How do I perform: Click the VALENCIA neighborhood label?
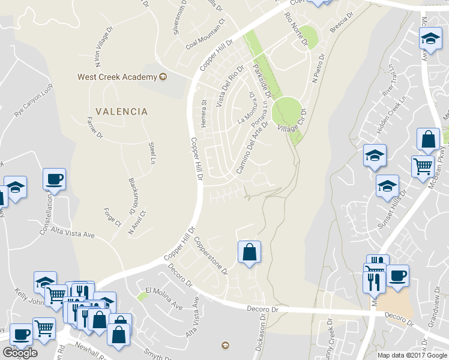(x=121, y=112)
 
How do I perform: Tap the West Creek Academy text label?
(x=117, y=77)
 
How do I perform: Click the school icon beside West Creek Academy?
(x=163, y=77)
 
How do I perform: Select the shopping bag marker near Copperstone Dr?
(x=249, y=252)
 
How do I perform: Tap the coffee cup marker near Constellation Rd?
(x=54, y=178)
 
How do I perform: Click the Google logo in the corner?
(x=20, y=352)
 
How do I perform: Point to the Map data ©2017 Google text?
(x=412, y=355)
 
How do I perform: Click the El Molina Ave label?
(x=160, y=296)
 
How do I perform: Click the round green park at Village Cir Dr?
(x=286, y=112)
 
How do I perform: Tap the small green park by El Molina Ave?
(x=142, y=295)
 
